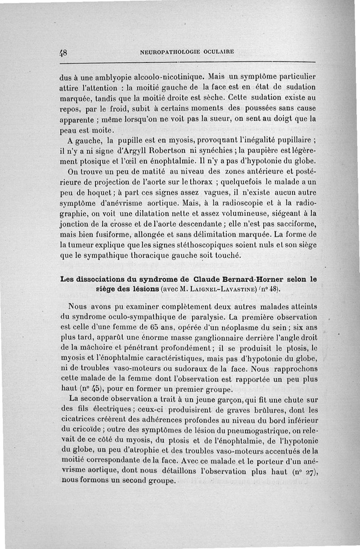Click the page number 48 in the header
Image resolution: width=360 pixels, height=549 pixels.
point(63,52)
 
